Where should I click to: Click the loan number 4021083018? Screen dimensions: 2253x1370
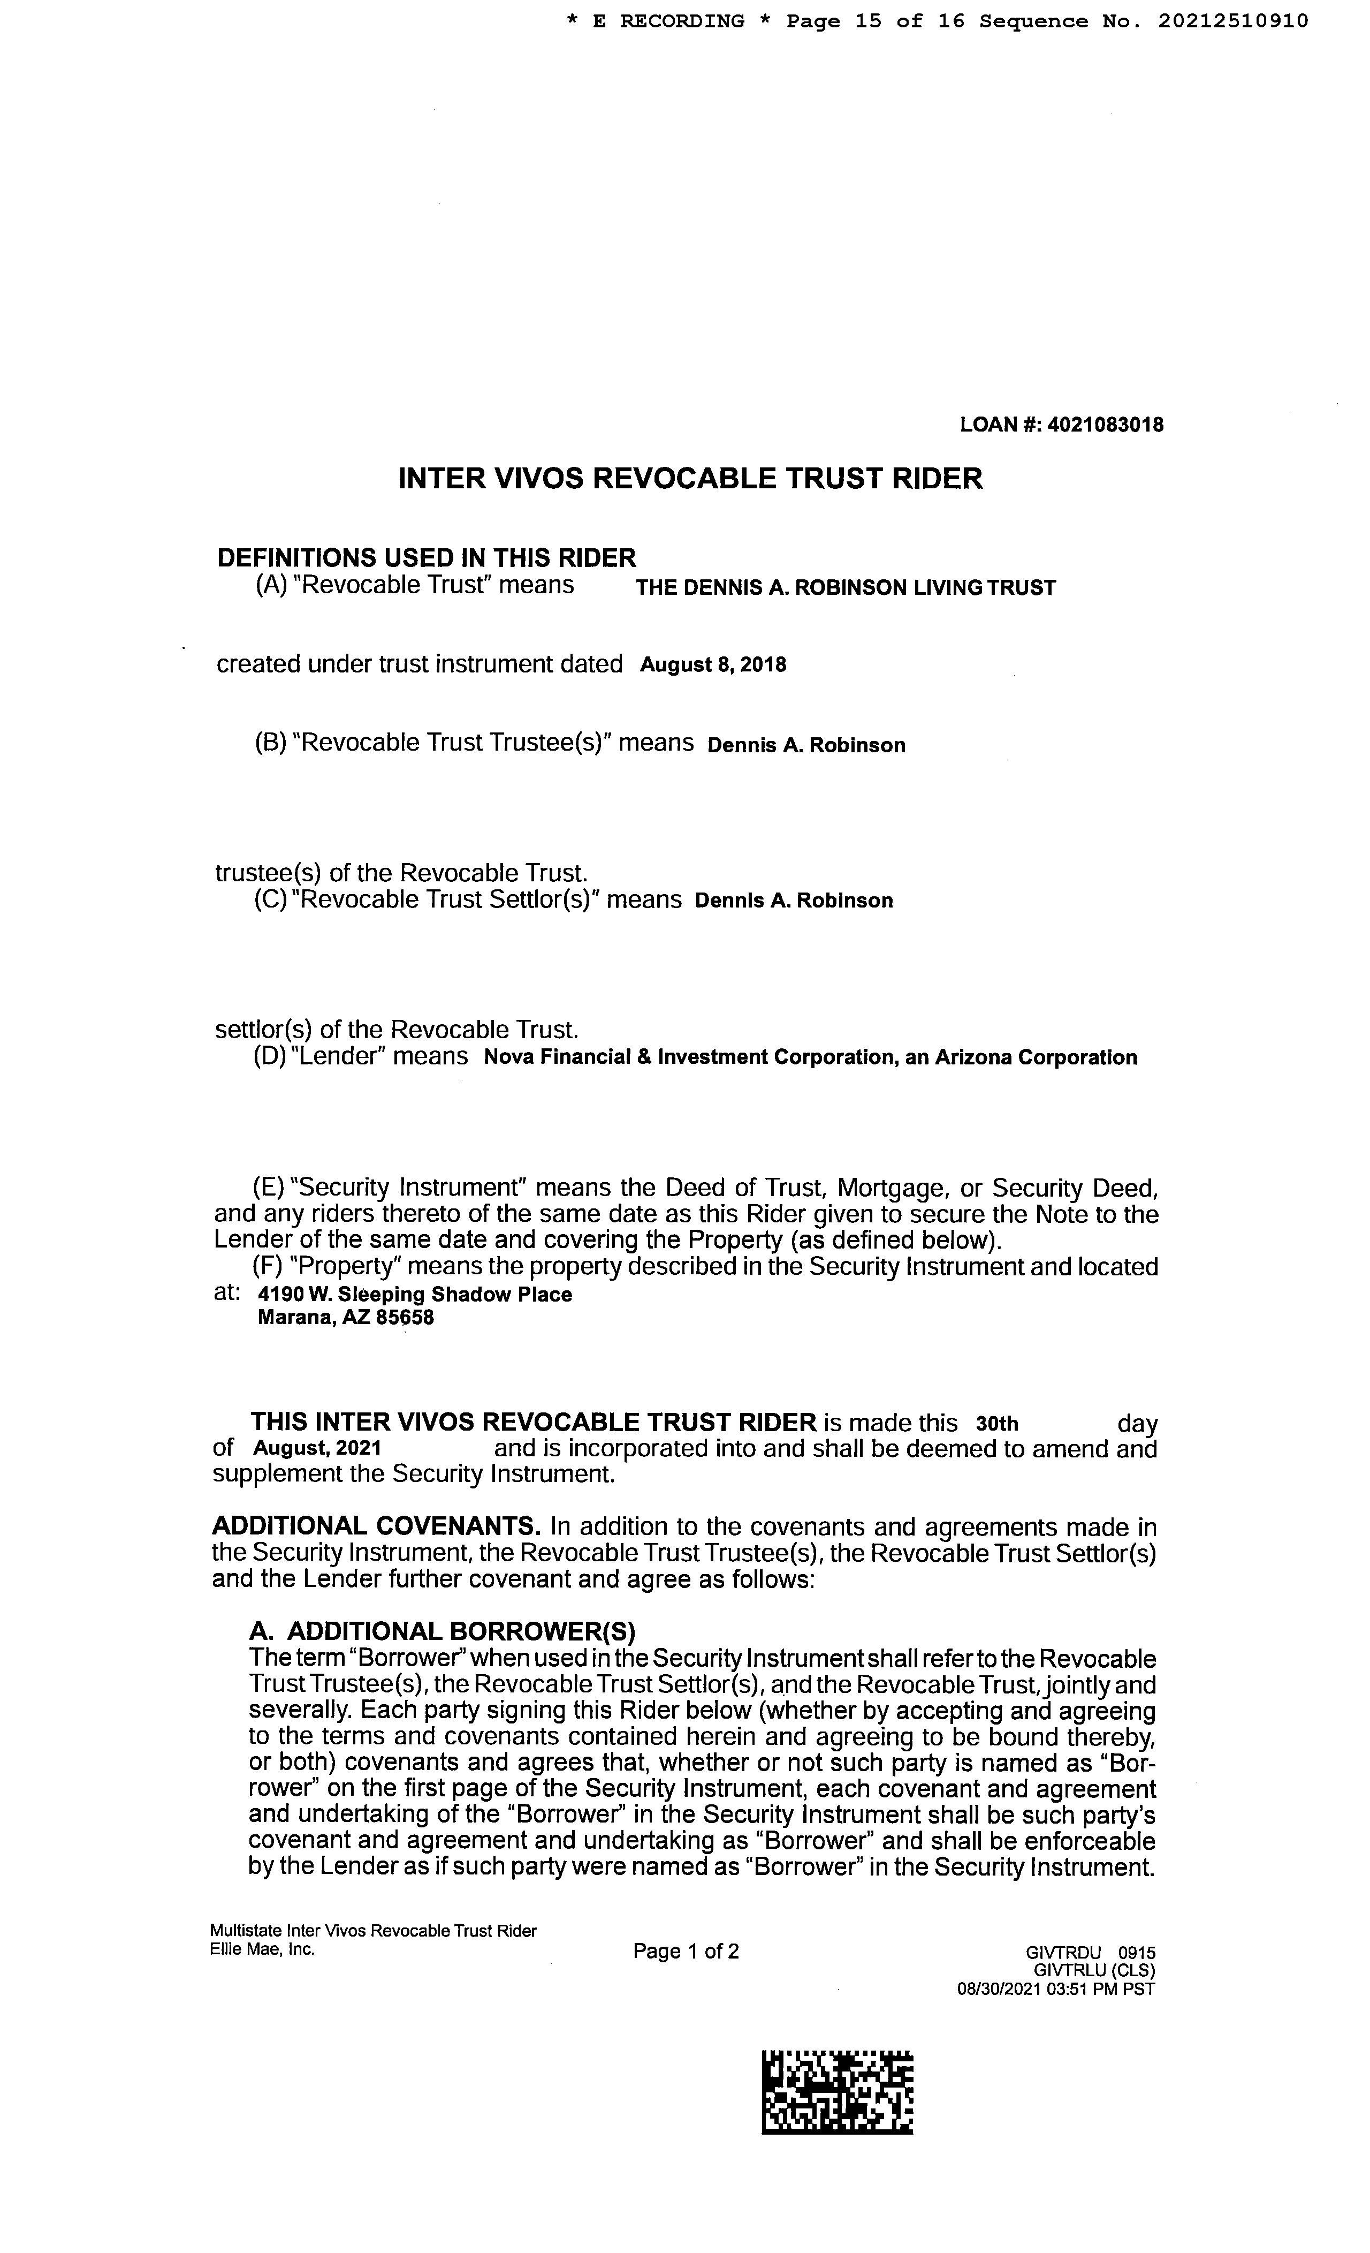1105,424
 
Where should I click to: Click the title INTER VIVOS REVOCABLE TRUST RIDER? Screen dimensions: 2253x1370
690,478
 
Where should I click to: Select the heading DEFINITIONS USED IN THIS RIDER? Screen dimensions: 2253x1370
426,558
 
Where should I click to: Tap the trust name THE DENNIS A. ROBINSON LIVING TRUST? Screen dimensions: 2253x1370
846,588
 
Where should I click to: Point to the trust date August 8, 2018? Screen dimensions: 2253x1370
713,665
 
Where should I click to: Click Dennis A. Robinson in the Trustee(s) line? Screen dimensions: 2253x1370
806,745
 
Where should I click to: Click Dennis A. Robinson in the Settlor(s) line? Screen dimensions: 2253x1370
793,901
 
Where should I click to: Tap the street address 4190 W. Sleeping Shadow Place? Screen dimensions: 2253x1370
415,1295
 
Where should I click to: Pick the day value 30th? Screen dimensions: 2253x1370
997,1424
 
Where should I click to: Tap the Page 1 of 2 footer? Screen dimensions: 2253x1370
686,1951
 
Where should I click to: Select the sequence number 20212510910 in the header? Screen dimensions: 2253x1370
1233,21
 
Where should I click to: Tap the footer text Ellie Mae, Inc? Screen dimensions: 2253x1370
262,1948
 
